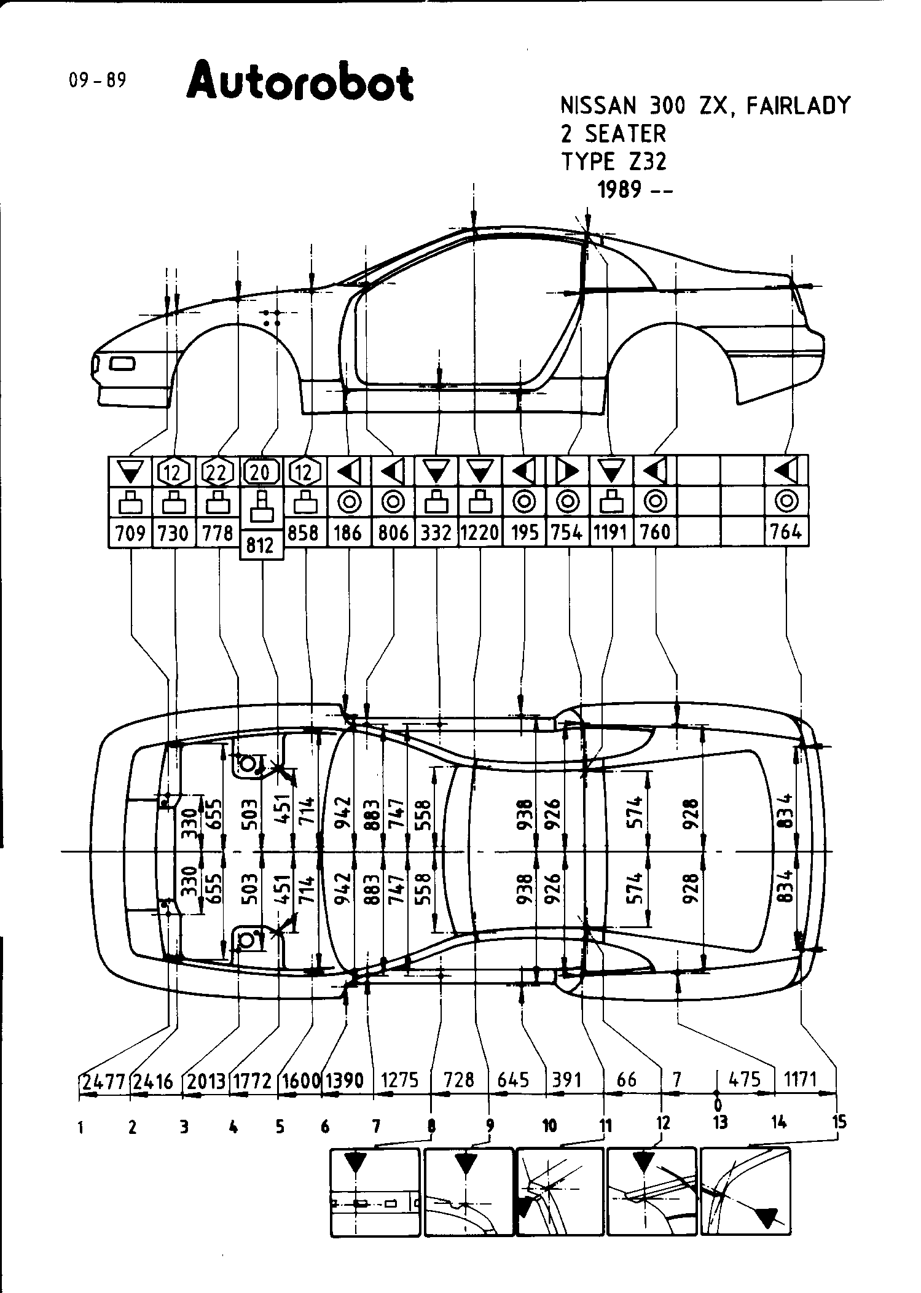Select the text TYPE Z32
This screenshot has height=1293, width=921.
[x=614, y=162]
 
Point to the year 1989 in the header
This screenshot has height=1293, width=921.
[x=619, y=190]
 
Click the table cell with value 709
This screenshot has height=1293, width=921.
[x=130, y=532]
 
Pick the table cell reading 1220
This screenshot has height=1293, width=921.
[x=480, y=532]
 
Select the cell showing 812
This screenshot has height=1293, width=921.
[x=261, y=545]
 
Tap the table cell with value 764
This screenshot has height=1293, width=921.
[x=786, y=532]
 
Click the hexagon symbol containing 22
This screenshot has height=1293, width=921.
[x=218, y=472]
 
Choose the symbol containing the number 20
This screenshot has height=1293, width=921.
[x=261, y=472]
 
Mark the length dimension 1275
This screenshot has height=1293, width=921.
[x=400, y=1079]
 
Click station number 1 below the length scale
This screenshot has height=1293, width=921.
[x=80, y=1127]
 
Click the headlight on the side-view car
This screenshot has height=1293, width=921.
[x=122, y=364]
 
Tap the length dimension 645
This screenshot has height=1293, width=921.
[x=514, y=1079]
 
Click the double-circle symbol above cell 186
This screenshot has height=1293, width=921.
[x=349, y=502]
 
